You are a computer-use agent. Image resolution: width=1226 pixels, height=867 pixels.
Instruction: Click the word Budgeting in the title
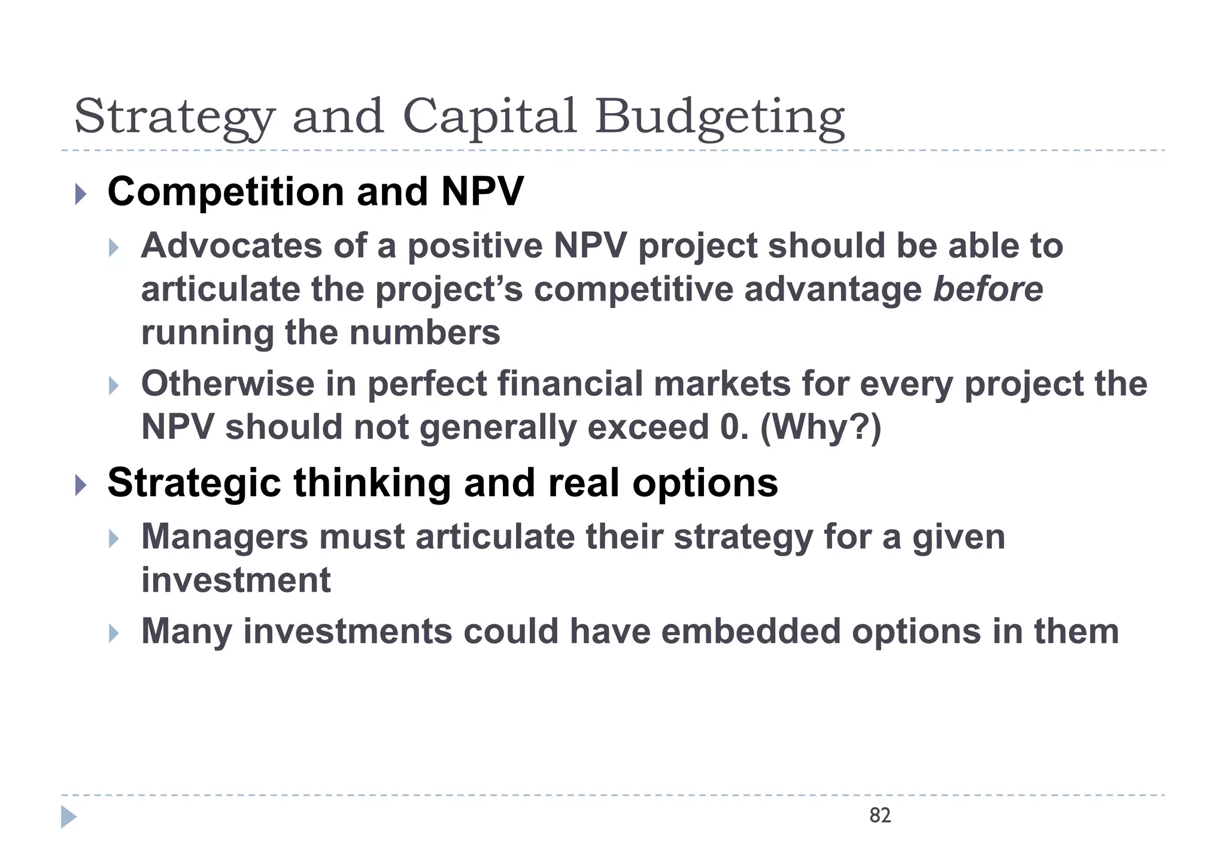point(720,117)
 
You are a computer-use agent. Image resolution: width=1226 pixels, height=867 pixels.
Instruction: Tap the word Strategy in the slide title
point(174,117)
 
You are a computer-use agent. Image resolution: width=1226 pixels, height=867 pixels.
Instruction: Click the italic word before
point(988,289)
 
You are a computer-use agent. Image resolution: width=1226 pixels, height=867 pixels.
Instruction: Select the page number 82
point(880,816)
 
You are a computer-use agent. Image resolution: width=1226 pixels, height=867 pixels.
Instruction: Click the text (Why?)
point(821,428)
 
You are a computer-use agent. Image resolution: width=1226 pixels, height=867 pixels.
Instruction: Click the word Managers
point(224,536)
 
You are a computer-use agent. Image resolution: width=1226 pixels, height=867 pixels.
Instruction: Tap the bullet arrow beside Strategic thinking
point(81,484)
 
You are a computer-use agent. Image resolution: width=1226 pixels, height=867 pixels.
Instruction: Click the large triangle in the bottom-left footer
point(68,817)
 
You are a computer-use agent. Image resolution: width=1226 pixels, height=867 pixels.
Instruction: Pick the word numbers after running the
point(425,333)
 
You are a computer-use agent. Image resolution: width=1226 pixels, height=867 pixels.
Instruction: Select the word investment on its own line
point(236,580)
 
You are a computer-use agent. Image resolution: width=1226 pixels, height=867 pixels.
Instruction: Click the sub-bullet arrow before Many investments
point(114,633)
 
